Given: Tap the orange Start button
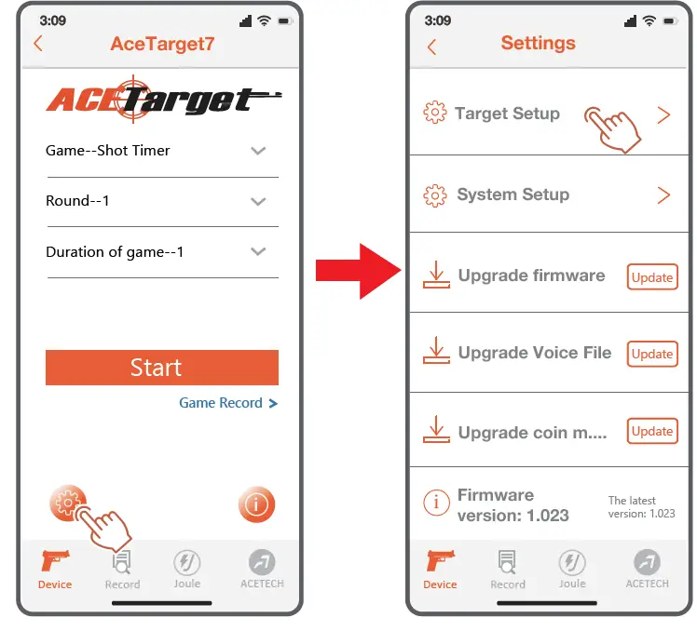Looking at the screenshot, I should pos(161,368).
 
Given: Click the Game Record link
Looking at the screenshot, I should pos(227,403).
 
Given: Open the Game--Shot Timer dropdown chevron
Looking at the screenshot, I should pos(259,151).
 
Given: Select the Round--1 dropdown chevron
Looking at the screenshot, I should pos(259,201).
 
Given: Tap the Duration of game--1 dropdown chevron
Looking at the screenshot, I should pos(259,251).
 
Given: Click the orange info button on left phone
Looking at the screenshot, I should pos(256,505).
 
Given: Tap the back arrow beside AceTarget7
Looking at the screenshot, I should pos(38,44).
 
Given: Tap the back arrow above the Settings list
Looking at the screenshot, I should pos(431,47).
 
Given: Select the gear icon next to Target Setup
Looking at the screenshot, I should pos(434,114).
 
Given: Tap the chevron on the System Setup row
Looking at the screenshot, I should pos(663,195).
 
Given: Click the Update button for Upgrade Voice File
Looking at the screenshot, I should pos(651,354).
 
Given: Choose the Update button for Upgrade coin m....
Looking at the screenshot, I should pos(651,431).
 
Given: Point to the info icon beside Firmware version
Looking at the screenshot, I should pos(435,503).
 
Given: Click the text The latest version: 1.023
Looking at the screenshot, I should pos(641,507).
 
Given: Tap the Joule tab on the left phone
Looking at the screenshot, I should pos(187,569).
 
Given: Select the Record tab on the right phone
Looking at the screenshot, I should pos(508,569).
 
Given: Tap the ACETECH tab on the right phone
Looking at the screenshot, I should pos(647,569).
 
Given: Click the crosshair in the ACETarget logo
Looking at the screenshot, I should pos(132,99).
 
